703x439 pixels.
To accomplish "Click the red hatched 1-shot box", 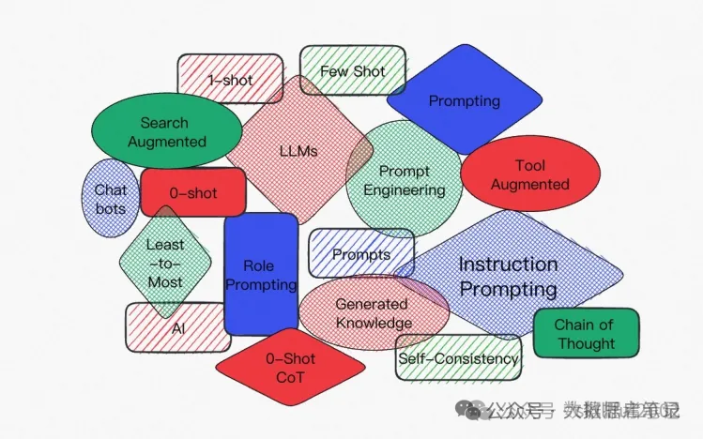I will pos(229,80).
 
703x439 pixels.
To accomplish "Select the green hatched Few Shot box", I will pos(352,71).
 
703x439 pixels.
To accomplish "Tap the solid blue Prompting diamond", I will pos(464,100).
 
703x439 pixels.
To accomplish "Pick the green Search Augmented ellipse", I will pos(165,132).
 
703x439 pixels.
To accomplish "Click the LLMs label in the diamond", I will pos(298,149).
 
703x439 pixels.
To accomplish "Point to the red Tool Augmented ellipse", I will pos(529,174).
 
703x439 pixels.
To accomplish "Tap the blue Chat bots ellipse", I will pos(111,198).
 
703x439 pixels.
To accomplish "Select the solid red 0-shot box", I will pos(192,193).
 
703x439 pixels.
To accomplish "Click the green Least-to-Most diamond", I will pos(165,263).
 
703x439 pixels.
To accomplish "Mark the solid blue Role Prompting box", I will pos(260,275).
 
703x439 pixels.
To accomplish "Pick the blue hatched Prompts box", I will pos(361,254).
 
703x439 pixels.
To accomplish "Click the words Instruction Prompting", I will pos(508,276).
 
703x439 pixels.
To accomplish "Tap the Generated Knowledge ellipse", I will pos(373,313).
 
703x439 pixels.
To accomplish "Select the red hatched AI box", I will pos(178,328).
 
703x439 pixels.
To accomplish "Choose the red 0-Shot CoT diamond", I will pos(290,368).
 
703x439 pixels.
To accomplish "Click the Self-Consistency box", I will pos(458,358).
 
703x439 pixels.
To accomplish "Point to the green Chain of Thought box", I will pos(586,334).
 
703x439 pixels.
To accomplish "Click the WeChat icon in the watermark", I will pos(468,409).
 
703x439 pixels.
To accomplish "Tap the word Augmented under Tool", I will pos(529,184).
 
